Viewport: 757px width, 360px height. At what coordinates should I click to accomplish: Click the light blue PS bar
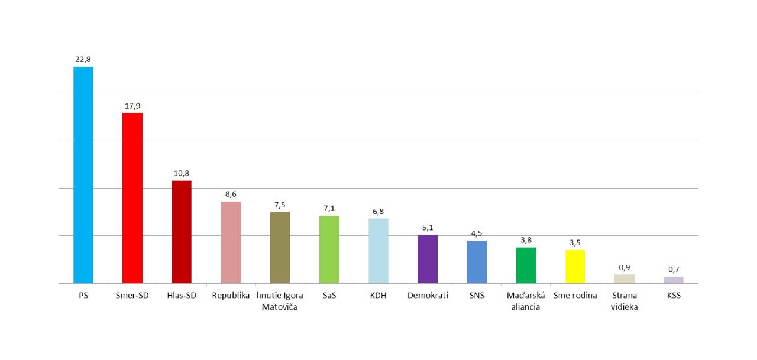[83, 175]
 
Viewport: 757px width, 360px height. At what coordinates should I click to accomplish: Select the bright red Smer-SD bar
[132, 198]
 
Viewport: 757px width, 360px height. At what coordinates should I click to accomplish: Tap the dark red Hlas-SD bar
[182, 232]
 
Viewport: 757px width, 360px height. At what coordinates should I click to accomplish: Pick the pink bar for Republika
[231, 242]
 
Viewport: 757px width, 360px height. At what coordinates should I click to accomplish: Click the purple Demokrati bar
[428, 259]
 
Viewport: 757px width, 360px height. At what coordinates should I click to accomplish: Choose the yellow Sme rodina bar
[575, 267]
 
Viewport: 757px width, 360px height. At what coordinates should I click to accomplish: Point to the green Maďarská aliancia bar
[526, 265]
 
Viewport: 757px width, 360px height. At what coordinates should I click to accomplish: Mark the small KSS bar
[674, 280]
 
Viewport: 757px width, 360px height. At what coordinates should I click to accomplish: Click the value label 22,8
[83, 59]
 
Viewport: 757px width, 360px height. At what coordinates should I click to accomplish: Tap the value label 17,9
[132, 106]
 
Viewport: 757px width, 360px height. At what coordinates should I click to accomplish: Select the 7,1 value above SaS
[329, 208]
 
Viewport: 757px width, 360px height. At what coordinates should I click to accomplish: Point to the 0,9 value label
[625, 267]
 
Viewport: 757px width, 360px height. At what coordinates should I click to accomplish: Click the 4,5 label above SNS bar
[477, 233]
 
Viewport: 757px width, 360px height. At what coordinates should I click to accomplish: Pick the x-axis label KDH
[378, 296]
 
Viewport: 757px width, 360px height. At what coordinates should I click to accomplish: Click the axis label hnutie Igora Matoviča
[280, 301]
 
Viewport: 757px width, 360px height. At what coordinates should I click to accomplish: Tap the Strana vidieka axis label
[625, 301]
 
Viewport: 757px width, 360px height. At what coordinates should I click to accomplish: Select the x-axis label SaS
[329, 296]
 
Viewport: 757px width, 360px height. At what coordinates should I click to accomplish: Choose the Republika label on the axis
[231, 296]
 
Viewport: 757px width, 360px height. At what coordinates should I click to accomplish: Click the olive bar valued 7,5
[280, 248]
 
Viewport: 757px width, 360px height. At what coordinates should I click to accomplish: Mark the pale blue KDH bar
[378, 251]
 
